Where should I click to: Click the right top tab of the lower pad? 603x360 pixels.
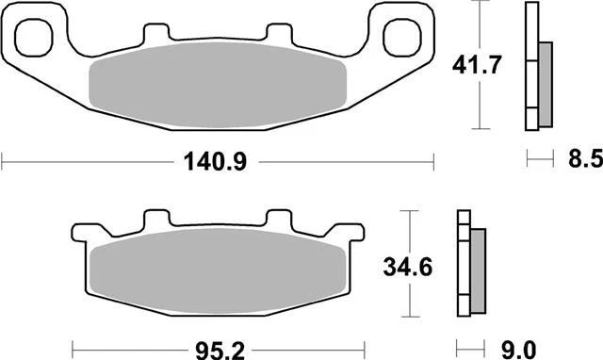(x=277, y=219)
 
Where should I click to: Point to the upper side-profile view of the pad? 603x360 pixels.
(x=537, y=66)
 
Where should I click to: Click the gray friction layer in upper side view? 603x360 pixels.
(x=546, y=85)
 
